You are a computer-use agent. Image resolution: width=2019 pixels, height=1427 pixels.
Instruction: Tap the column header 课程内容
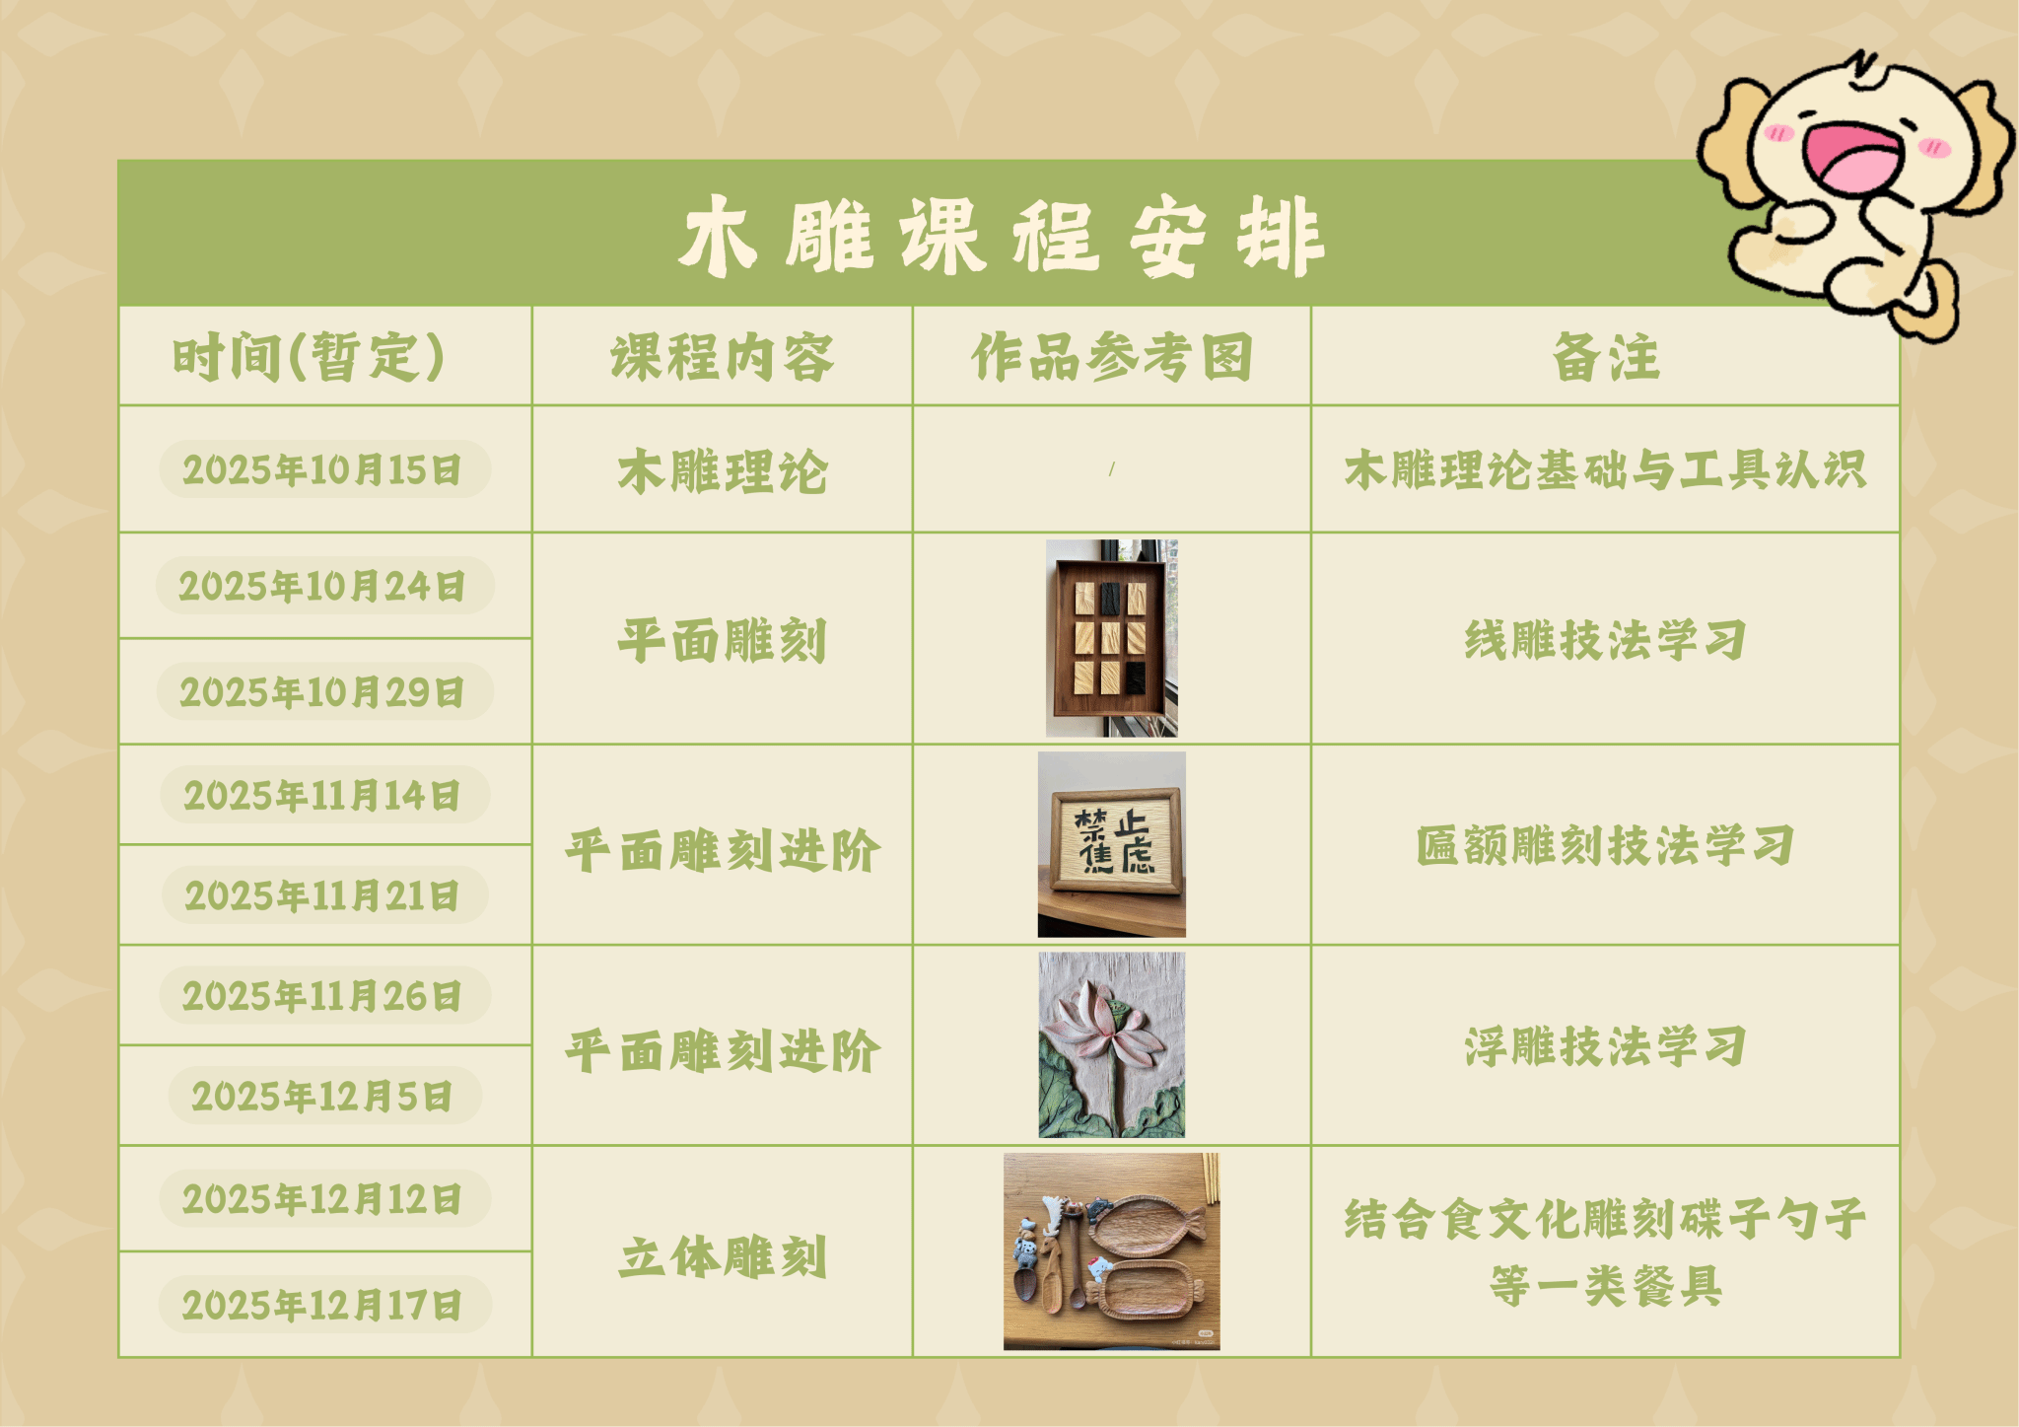click(x=722, y=357)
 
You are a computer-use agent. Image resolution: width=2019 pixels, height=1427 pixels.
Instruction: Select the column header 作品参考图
click(x=1112, y=357)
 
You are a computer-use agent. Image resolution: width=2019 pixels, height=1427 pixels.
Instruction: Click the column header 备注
click(x=1606, y=357)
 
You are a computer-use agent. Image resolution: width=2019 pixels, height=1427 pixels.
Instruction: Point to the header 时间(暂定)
click(x=309, y=357)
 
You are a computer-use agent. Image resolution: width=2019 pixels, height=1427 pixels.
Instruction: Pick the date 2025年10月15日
click(x=322, y=469)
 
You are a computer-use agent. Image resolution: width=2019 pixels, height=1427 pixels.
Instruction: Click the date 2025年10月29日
click(x=322, y=692)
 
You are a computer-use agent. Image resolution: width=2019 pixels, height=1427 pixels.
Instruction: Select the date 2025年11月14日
click(x=322, y=795)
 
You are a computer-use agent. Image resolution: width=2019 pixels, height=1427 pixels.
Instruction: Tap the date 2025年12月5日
click(x=322, y=1096)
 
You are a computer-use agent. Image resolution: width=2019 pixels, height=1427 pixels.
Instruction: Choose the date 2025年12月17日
click(x=322, y=1305)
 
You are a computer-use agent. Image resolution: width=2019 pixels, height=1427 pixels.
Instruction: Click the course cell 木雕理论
click(x=722, y=470)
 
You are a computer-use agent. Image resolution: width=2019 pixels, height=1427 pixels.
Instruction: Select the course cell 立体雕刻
click(x=722, y=1256)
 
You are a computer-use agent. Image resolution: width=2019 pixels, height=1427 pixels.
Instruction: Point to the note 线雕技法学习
click(x=1606, y=640)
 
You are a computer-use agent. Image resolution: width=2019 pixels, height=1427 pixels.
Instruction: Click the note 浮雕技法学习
click(x=1606, y=1046)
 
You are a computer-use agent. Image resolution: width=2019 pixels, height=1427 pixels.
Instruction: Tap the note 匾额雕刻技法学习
click(x=1606, y=845)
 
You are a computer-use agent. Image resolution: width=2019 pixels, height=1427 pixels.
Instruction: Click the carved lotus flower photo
click(x=1112, y=1045)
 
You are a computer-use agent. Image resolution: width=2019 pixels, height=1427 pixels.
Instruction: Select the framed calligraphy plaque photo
click(x=1112, y=844)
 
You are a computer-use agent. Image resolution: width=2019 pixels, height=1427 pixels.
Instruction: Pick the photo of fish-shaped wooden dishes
click(x=1112, y=1251)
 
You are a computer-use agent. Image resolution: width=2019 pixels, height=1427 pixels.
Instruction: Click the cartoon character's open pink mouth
click(x=1852, y=158)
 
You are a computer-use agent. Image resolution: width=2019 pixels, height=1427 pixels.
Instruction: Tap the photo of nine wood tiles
click(x=1112, y=638)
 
